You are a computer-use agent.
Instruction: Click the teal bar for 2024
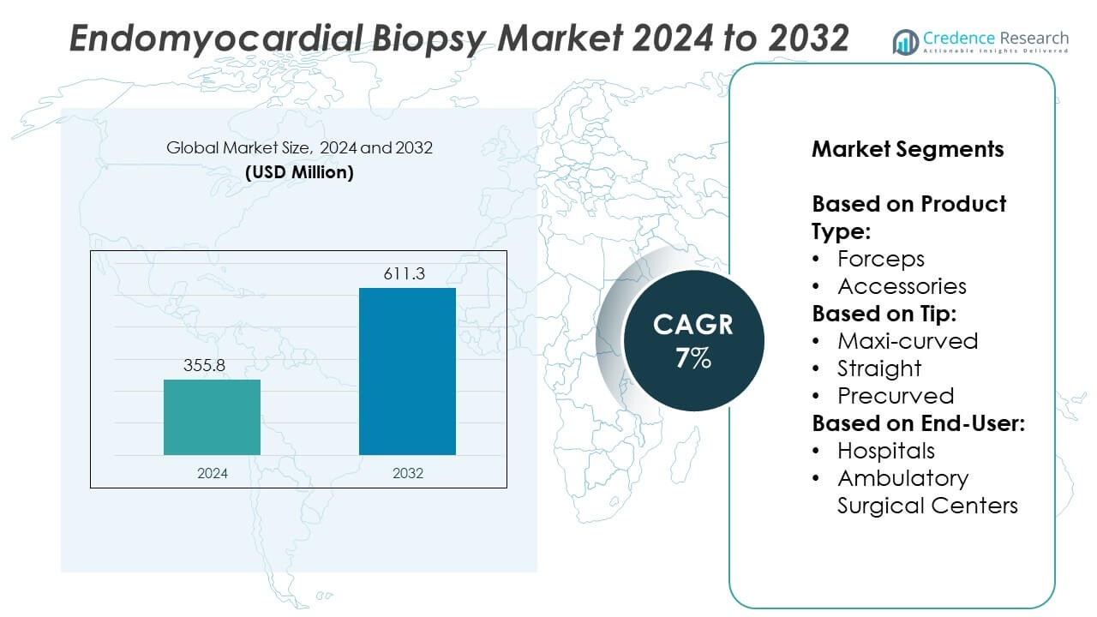pyautogui.click(x=212, y=417)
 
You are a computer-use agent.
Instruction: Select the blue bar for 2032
pyautogui.click(x=407, y=371)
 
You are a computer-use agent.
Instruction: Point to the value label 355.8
pyautogui.click(x=206, y=365)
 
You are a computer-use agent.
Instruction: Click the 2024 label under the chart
pyautogui.click(x=212, y=473)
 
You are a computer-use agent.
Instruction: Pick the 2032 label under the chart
pyautogui.click(x=407, y=473)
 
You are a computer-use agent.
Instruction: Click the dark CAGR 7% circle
pyautogui.click(x=692, y=339)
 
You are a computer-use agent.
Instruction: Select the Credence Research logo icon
pyautogui.click(x=905, y=41)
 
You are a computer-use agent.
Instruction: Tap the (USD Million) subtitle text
pyautogui.click(x=299, y=171)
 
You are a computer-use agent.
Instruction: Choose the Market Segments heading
pyautogui.click(x=908, y=149)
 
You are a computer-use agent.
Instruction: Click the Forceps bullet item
pyautogui.click(x=881, y=259)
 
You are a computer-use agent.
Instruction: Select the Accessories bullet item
pyautogui.click(x=902, y=286)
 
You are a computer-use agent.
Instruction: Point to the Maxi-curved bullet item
pyautogui.click(x=908, y=341)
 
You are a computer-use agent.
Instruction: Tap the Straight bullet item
pyautogui.click(x=879, y=368)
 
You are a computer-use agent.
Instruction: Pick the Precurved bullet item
pyautogui.click(x=896, y=396)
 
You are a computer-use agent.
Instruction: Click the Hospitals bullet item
pyautogui.click(x=886, y=451)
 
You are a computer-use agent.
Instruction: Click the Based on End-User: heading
pyautogui.click(x=919, y=423)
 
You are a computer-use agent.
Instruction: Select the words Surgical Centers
pyautogui.click(x=927, y=506)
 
